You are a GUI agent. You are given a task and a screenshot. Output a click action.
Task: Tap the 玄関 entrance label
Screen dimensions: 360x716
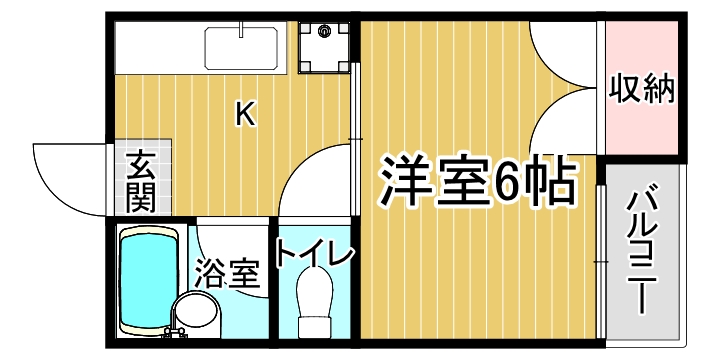tap(140, 180)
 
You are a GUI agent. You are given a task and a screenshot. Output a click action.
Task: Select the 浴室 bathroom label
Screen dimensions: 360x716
tap(227, 272)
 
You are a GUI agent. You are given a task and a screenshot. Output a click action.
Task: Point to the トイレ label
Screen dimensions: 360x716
tap(313, 256)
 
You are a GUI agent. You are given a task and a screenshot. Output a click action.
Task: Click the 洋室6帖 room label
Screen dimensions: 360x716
tap(476, 180)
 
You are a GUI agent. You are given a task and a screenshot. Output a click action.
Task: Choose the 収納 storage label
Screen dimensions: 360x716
tap(643, 88)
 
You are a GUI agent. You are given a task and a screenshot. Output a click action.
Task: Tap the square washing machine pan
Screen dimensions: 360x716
tap(325, 47)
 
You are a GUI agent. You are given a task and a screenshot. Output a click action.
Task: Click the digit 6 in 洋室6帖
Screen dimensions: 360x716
tap(507, 180)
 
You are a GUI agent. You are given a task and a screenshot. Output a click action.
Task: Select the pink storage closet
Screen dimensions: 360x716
tap(643, 88)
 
